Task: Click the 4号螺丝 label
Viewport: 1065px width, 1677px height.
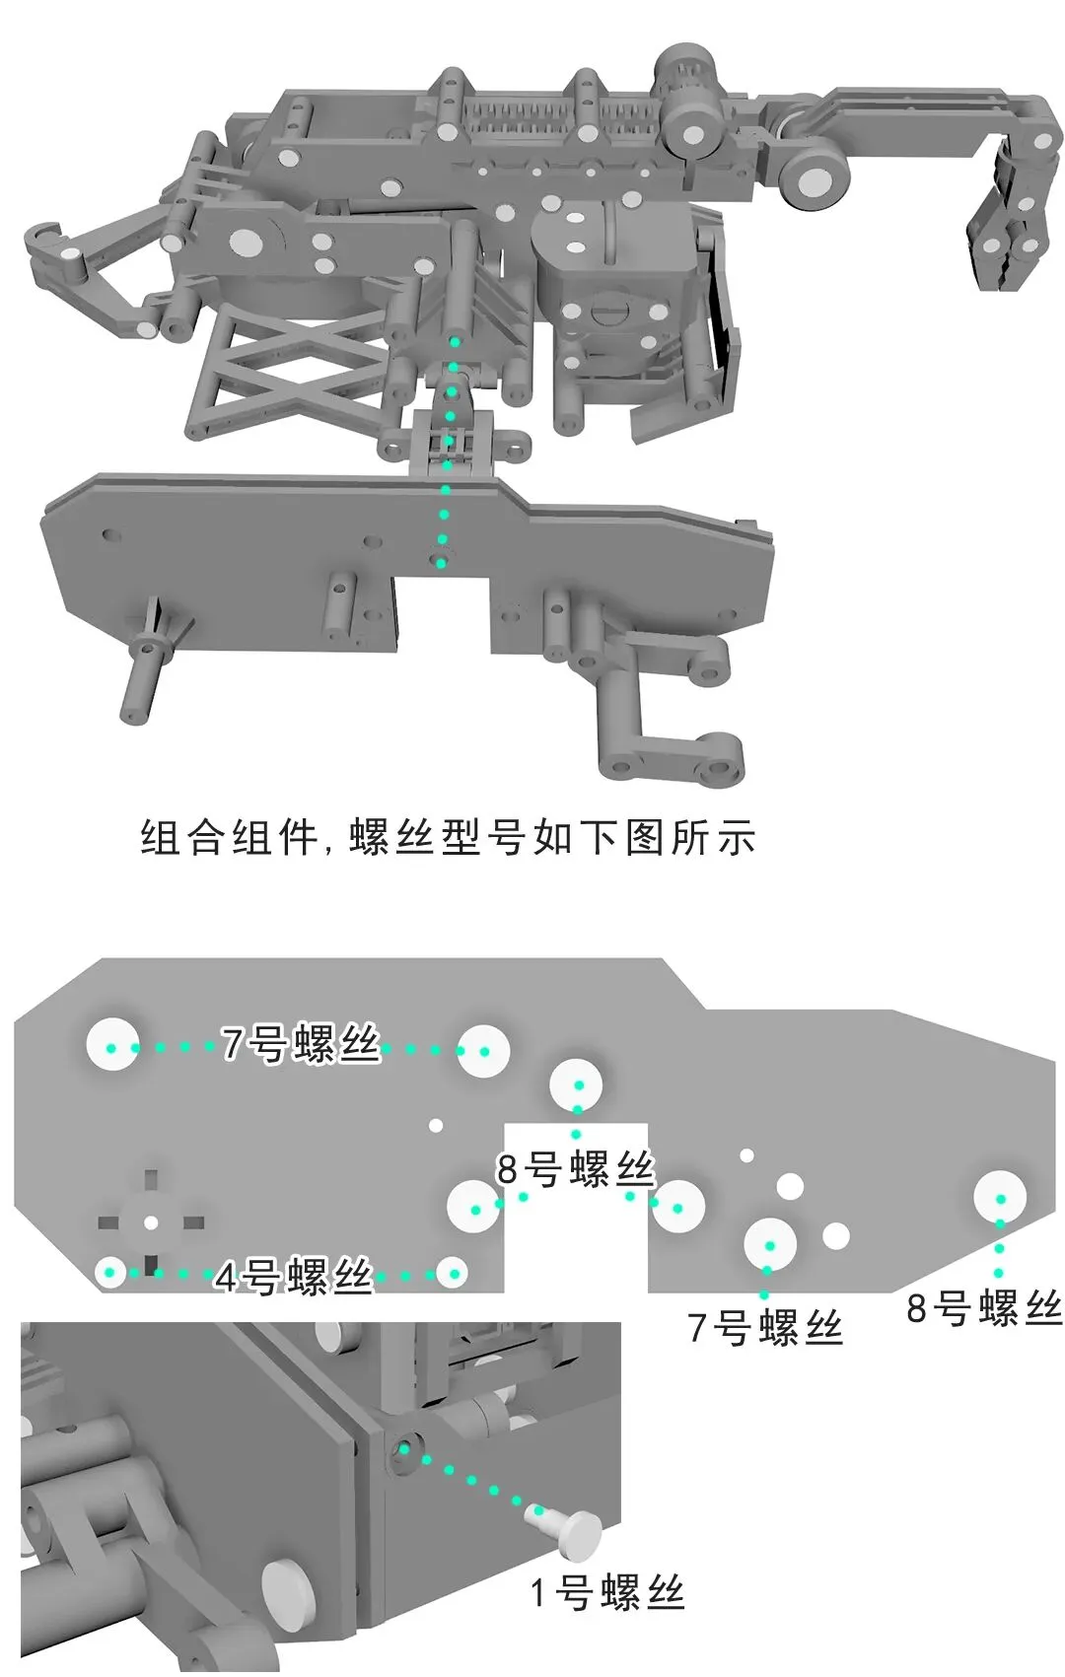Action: point(294,1278)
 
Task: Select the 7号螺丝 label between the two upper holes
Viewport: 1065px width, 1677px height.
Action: point(301,1044)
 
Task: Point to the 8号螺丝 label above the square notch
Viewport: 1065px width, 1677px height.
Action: point(576,1169)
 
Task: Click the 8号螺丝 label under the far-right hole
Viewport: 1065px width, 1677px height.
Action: point(984,1308)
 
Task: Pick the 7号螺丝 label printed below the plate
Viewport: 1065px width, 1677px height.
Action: point(765,1328)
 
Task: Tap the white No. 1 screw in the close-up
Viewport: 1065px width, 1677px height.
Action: point(571,1530)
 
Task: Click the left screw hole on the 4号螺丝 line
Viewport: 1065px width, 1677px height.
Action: point(111,1273)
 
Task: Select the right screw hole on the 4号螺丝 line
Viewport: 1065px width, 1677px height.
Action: point(452,1274)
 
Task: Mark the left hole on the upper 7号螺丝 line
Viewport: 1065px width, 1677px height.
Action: point(112,1046)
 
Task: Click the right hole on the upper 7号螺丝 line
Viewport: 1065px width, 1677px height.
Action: point(483,1050)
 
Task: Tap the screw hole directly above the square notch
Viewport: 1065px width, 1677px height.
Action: point(578,1085)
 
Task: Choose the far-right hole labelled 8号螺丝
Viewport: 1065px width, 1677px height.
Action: point(1000,1198)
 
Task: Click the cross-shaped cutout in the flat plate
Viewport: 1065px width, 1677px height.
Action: point(151,1223)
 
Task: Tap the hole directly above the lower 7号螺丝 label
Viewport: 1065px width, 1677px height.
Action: point(770,1244)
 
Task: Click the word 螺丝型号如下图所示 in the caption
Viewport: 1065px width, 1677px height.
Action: point(552,838)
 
